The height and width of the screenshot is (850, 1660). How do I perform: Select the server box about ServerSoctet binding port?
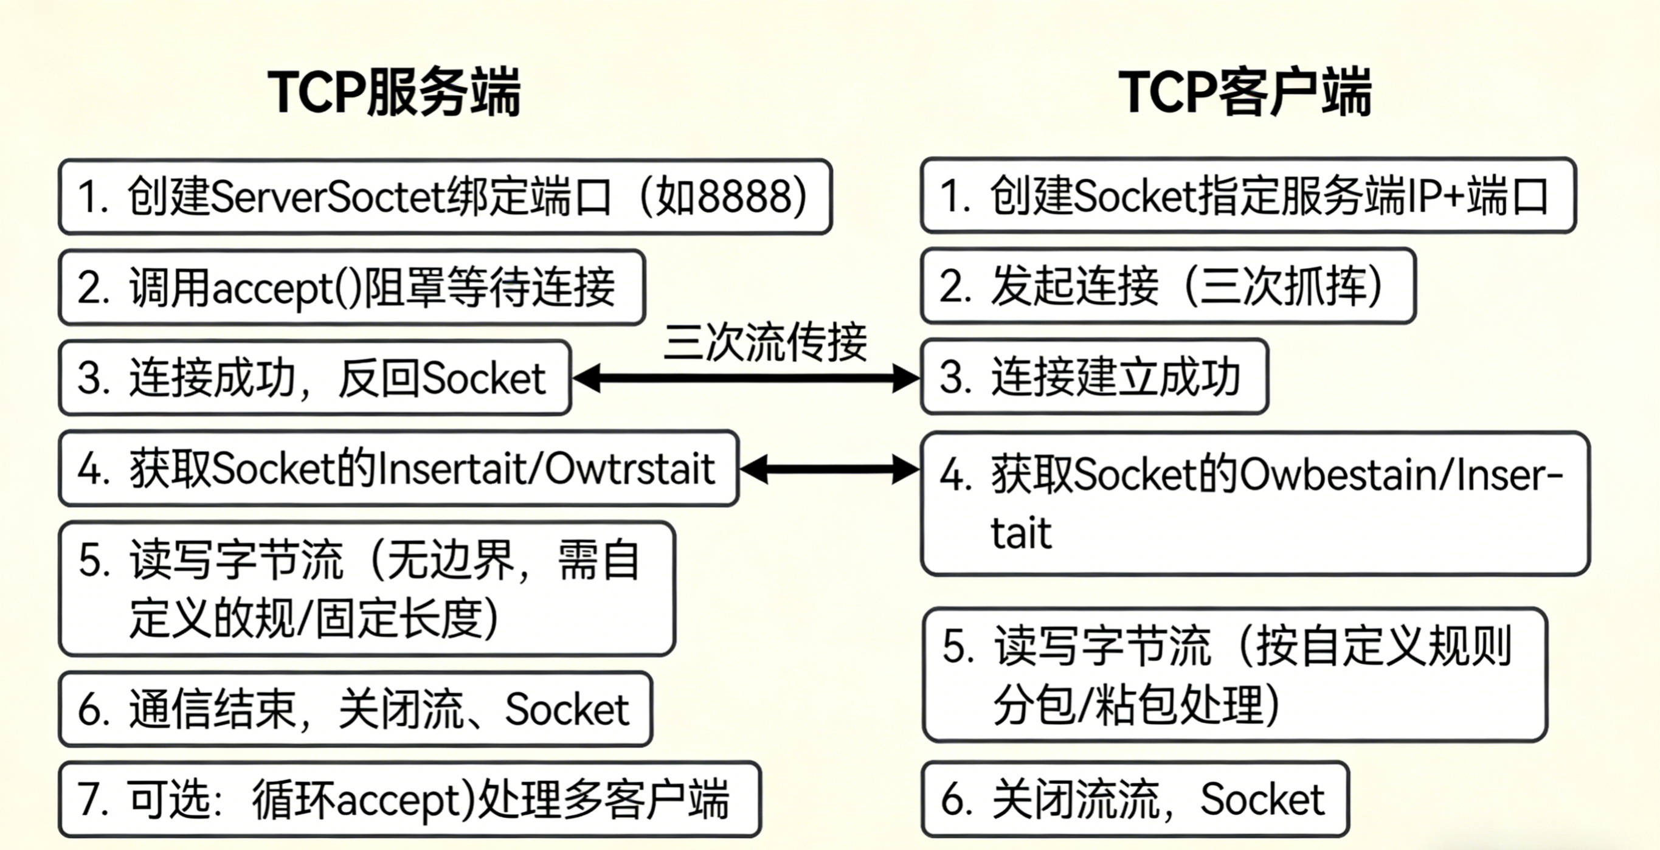point(444,196)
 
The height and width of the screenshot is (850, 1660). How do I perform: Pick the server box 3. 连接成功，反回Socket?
point(314,378)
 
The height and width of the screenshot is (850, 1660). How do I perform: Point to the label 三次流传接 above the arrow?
point(765,342)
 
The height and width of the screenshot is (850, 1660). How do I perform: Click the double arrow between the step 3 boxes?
point(745,378)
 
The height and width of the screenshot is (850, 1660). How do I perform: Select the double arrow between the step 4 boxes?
point(829,469)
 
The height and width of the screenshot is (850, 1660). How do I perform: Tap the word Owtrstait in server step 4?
point(629,469)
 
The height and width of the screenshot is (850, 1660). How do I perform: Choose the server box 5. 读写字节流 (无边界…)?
point(367,589)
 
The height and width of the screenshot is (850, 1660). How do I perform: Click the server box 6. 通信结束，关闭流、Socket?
point(355,709)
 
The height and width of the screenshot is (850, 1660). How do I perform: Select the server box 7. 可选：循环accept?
point(410,799)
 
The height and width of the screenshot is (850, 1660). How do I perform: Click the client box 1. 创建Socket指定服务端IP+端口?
point(1248,195)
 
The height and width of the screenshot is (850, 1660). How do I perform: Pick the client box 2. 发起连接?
point(1167,286)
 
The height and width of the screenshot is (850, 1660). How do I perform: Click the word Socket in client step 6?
point(1262,799)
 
